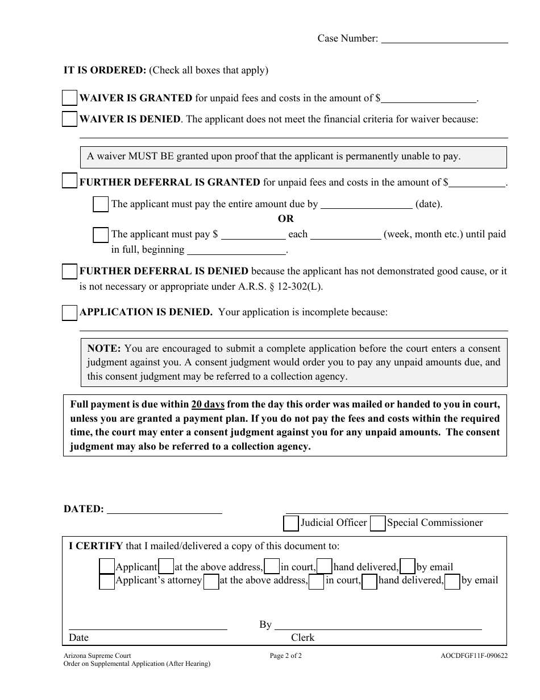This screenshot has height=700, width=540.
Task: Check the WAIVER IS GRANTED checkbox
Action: coord(69,98)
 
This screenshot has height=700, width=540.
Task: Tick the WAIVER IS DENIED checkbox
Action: coord(69,120)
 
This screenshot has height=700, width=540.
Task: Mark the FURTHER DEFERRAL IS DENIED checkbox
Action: coord(69,271)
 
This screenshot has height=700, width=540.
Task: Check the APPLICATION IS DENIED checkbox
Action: coord(69,312)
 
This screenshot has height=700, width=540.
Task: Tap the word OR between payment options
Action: coord(286,219)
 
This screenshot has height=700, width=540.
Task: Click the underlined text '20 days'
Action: coord(208,405)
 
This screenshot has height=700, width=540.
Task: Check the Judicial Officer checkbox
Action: coord(291,523)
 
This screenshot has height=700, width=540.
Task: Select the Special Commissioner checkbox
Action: coord(377,523)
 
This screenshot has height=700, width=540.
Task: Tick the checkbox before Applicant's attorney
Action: coord(107,582)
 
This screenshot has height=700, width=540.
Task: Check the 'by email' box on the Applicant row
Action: coord(407,567)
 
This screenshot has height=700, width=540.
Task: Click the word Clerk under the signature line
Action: coord(302,637)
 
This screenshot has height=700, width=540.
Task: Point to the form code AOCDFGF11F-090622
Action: coord(470,656)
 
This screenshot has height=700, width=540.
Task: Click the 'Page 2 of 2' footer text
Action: coord(286,656)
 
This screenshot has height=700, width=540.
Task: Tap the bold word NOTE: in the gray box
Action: coord(104,348)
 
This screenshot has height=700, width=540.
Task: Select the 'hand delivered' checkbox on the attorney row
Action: coord(369,582)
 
